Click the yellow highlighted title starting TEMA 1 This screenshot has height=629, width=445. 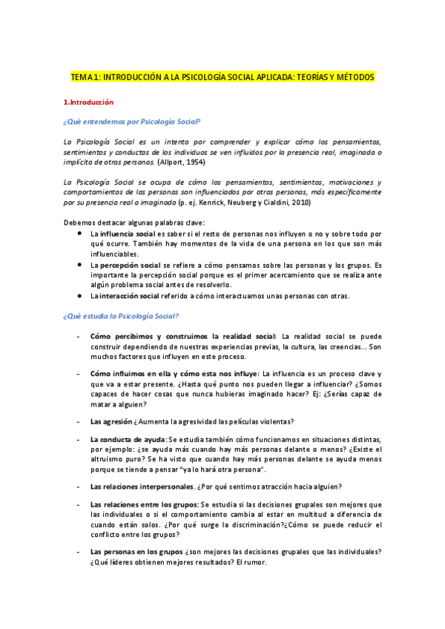tap(222, 76)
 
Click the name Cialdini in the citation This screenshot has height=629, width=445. tap(268, 202)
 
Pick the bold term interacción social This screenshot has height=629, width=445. tap(130, 296)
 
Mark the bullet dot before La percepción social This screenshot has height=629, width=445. tap(80, 265)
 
